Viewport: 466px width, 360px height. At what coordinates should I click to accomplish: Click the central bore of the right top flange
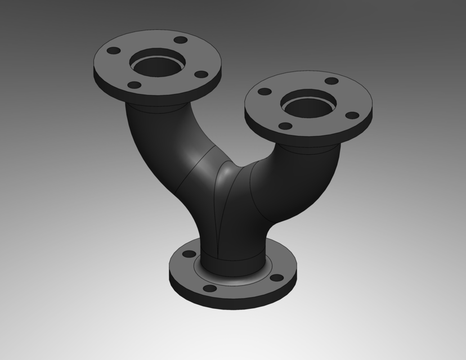click(x=308, y=104)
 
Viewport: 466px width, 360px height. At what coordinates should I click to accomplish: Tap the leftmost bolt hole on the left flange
click(x=113, y=51)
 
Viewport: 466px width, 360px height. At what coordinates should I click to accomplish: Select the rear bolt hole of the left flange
click(x=180, y=40)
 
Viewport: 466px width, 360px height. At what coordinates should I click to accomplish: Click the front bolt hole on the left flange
click(x=134, y=85)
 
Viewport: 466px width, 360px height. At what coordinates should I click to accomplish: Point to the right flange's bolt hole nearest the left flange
click(x=264, y=91)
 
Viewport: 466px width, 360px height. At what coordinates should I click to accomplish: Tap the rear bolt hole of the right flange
click(x=331, y=81)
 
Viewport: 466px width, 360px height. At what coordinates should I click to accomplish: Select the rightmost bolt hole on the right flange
click(x=351, y=115)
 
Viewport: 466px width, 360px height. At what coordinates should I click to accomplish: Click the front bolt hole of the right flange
click(x=285, y=125)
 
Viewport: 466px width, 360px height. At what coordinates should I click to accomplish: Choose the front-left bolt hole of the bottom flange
click(x=209, y=289)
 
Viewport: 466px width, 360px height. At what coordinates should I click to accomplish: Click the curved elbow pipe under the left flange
click(x=149, y=141)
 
